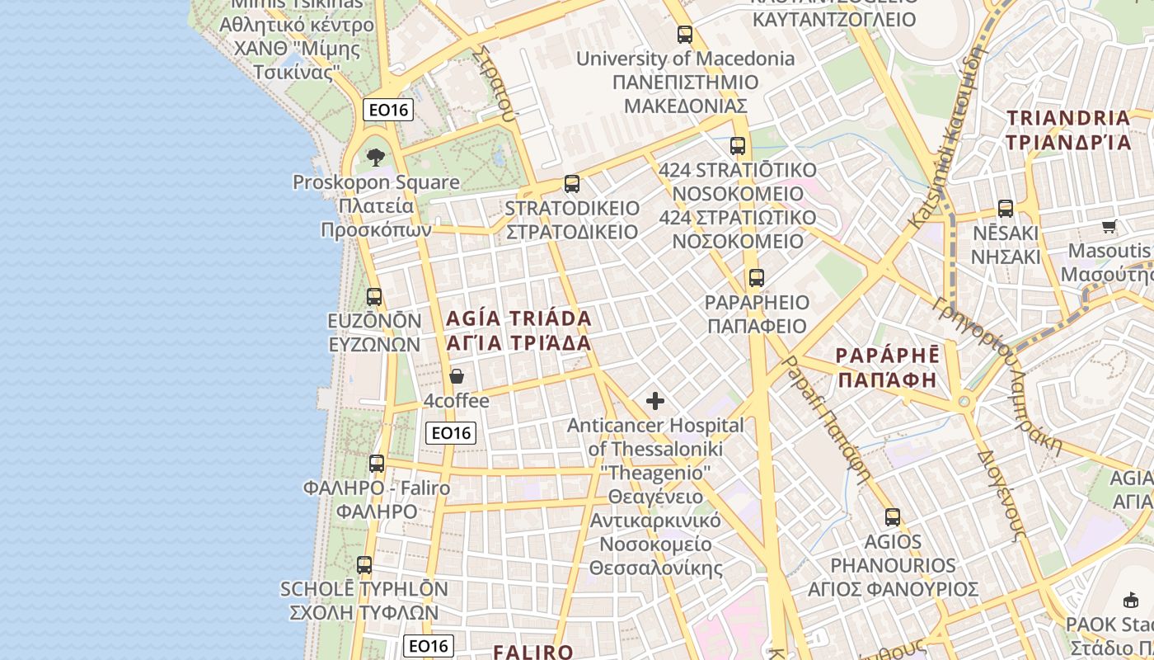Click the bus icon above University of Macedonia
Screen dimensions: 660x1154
pyautogui.click(x=684, y=35)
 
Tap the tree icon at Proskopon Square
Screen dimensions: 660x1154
pyautogui.click(x=376, y=157)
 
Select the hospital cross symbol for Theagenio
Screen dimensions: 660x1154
pyautogui.click(x=655, y=401)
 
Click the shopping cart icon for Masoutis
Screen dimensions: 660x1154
pyautogui.click(x=1109, y=226)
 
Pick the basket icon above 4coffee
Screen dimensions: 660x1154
pyautogui.click(x=457, y=376)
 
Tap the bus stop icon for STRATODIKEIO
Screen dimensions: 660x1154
pyautogui.click(x=571, y=184)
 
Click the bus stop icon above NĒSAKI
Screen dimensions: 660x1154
pyautogui.click(x=1005, y=209)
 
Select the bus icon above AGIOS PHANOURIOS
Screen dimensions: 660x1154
pyautogui.click(x=892, y=517)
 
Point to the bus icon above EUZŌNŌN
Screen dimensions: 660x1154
pyautogui.click(x=374, y=296)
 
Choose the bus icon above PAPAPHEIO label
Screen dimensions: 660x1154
pyautogui.click(x=756, y=278)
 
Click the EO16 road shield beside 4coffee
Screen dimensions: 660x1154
pyautogui.click(x=452, y=432)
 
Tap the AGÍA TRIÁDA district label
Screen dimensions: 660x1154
pyautogui.click(x=518, y=330)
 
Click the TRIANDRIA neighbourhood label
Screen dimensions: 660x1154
pyautogui.click(x=1068, y=130)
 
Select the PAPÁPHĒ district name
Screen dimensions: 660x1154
pyautogui.click(x=887, y=367)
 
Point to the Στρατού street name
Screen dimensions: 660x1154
pyautogui.click(x=495, y=82)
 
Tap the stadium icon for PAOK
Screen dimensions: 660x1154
pyautogui.click(x=1131, y=600)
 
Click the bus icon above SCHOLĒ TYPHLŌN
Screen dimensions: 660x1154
pyautogui.click(x=364, y=565)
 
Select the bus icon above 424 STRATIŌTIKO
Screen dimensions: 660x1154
pyautogui.click(x=737, y=146)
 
